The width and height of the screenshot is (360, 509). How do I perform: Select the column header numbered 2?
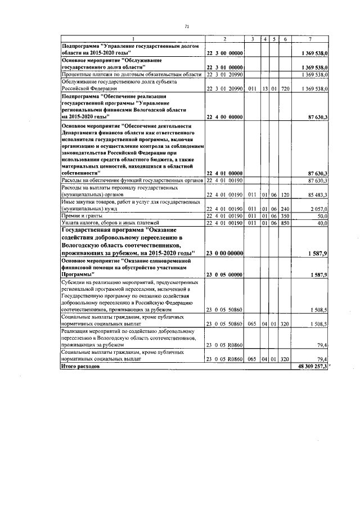click(224, 39)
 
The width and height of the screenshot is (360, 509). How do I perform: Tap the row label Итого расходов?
click(80, 366)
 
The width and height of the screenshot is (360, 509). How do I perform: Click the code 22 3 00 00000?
click(224, 52)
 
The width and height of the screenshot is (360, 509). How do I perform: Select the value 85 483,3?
click(318, 194)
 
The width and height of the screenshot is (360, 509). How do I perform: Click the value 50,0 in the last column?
click(322, 215)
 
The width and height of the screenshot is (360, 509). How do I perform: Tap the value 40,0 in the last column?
click(322, 223)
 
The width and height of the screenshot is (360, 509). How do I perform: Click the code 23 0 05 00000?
click(224, 274)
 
